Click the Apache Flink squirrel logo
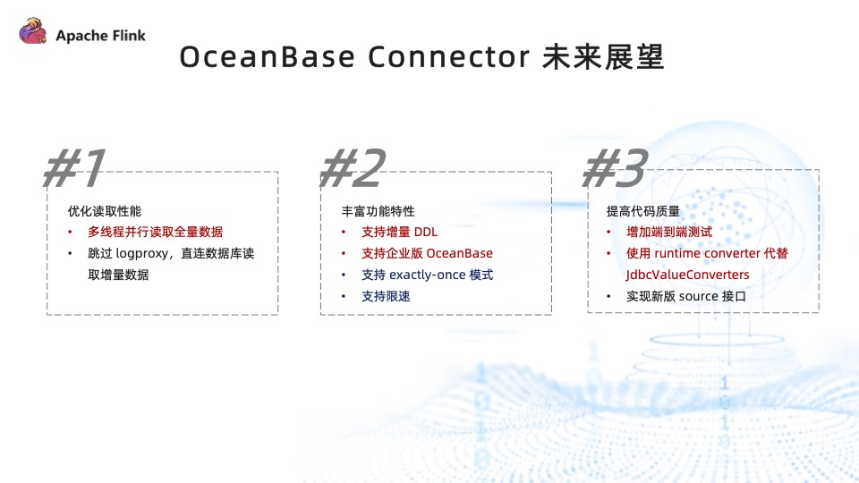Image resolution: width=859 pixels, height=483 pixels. (33, 30)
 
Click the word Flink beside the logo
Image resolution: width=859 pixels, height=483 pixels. (129, 36)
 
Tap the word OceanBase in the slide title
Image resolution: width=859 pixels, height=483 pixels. (268, 57)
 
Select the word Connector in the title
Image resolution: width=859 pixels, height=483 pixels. (448, 57)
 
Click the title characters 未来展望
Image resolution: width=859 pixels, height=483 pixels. (603, 57)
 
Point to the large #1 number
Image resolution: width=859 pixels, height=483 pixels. (75, 168)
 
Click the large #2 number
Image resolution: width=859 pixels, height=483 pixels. (353, 168)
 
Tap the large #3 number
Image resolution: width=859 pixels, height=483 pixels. (616, 168)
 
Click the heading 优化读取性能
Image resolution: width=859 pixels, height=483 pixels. (105, 211)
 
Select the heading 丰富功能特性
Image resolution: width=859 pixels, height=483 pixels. (378, 211)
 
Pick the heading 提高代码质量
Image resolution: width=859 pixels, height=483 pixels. (643, 211)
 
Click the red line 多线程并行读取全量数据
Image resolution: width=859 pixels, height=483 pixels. (155, 233)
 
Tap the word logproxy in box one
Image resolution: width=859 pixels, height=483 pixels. (141, 254)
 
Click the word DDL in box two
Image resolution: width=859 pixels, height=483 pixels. (426, 233)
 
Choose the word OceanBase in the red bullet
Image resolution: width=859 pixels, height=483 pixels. (459, 253)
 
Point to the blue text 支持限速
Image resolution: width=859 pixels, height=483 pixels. (386, 296)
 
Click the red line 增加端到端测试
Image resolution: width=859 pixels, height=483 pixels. (669, 233)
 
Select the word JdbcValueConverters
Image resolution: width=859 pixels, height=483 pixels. (687, 275)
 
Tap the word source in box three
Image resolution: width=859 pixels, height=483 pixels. (699, 297)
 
